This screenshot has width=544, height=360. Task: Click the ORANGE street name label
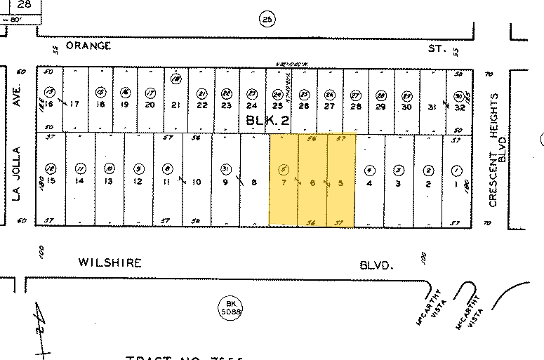coord(88,46)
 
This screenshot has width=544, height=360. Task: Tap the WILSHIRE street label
coord(109,263)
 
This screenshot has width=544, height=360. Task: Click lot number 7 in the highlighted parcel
coord(284,182)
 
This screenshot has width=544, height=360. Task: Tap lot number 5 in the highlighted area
coord(341,182)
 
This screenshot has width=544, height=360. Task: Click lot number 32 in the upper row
coord(460,107)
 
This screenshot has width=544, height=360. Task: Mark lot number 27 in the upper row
coord(330,106)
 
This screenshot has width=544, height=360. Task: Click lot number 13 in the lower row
coord(109,182)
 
